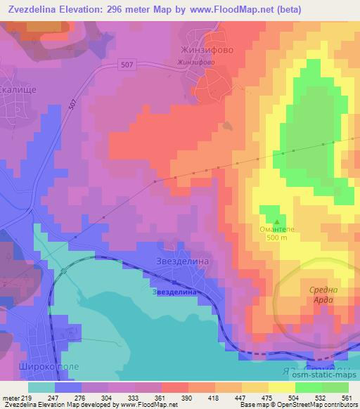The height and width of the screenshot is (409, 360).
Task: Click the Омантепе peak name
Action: pos(271,228)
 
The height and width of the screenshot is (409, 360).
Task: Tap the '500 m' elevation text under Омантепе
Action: pos(273,238)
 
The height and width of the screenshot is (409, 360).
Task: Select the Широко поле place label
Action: pos(30,367)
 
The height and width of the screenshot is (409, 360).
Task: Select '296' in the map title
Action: pos(117,8)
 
